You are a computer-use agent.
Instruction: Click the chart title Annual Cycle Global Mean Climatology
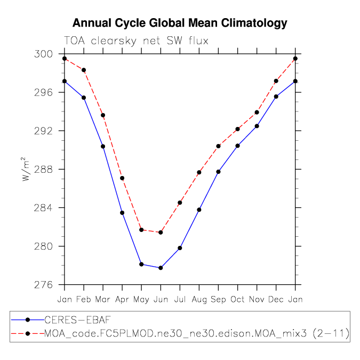[180, 23]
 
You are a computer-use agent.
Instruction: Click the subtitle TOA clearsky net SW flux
[135, 41]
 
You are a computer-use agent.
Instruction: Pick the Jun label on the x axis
[161, 299]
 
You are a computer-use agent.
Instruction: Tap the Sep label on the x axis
[218, 299]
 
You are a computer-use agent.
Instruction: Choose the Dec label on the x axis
[276, 299]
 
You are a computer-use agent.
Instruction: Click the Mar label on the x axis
[103, 299]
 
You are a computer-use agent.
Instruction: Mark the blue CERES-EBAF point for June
[161, 268]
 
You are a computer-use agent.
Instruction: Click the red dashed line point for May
[141, 230]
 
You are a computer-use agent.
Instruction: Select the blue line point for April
[122, 213]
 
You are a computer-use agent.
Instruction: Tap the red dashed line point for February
[84, 70]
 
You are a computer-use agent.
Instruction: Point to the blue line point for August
[199, 210]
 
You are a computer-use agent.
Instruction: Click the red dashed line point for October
[237, 129]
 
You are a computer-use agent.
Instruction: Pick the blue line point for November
[257, 126]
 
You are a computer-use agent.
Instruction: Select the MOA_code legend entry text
[197, 334]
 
